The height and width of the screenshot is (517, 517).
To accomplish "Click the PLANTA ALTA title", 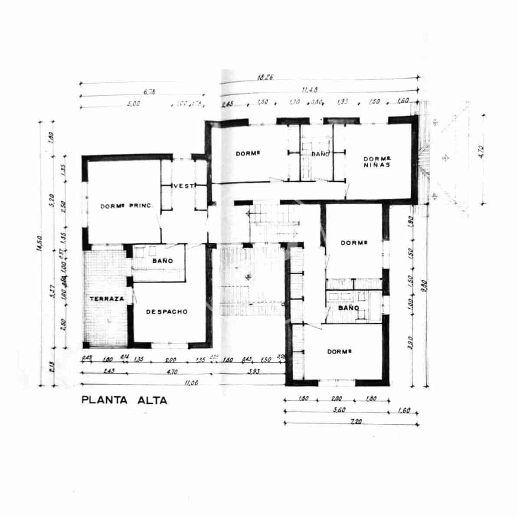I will click(124, 400).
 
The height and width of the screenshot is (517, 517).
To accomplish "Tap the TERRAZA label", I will click(107, 299).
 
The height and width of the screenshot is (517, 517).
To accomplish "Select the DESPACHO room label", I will click(167, 311).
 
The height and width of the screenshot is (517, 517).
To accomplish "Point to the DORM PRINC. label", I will click(127, 206).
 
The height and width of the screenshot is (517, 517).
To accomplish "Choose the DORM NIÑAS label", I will click(377, 161).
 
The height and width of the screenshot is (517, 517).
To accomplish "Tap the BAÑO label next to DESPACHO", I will click(162, 261).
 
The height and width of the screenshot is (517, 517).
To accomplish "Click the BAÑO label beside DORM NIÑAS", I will click(321, 154).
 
